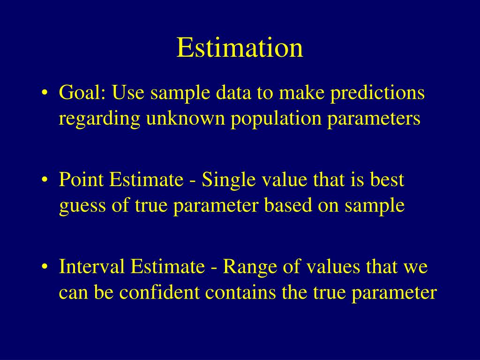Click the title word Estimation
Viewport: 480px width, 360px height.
point(240,48)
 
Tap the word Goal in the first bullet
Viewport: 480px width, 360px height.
point(82,93)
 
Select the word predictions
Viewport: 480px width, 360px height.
point(377,93)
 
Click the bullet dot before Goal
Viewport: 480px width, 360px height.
point(45,94)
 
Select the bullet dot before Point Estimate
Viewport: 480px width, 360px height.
point(45,181)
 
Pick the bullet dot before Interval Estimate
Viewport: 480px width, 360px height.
point(45,268)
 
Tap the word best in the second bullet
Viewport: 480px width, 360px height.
point(387,180)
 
